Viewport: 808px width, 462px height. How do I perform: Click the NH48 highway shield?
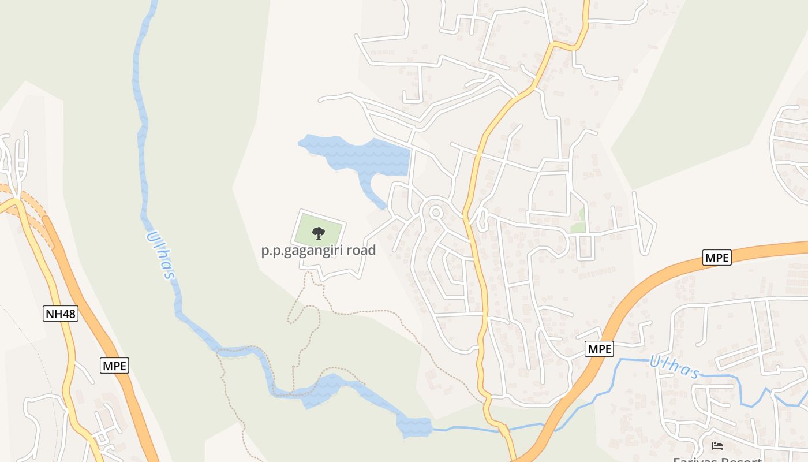click(x=61, y=314)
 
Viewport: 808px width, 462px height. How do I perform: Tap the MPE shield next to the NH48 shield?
click(x=114, y=365)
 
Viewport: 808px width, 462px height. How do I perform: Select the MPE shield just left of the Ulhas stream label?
click(x=599, y=349)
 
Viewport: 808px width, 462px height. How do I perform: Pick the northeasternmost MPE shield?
click(x=717, y=258)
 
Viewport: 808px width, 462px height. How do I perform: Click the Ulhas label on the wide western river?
click(x=160, y=255)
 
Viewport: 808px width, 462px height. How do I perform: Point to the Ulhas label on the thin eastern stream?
click(x=674, y=366)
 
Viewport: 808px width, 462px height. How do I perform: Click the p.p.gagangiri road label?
click(x=318, y=250)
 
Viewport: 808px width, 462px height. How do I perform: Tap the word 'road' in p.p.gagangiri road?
click(x=358, y=250)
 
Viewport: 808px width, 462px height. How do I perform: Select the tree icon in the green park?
click(x=318, y=233)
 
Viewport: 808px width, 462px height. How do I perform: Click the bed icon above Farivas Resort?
click(x=717, y=445)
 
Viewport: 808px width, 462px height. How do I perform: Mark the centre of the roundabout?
click(x=436, y=213)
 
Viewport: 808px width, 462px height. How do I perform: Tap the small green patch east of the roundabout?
click(x=578, y=225)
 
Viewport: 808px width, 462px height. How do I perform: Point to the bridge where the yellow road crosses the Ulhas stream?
click(x=503, y=430)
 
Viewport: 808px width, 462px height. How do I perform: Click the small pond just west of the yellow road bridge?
click(x=414, y=427)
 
